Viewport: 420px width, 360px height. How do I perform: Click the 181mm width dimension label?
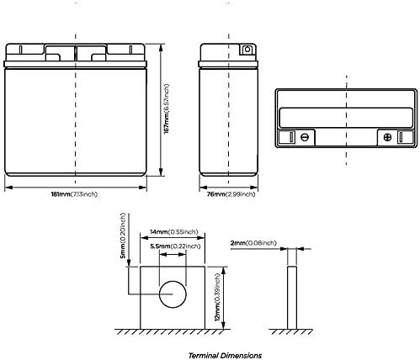coord(74,194)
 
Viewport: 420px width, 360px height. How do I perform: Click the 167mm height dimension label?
coord(167,109)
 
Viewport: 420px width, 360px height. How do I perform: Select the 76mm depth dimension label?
coord(231,194)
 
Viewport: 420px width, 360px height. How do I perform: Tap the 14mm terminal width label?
coord(174,232)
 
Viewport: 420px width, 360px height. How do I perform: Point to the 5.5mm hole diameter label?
coord(175,246)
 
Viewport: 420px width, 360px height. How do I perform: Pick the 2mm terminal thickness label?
coord(253,243)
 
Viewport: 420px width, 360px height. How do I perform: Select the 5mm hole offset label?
coord(123,236)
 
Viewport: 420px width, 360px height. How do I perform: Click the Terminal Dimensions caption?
coord(225,356)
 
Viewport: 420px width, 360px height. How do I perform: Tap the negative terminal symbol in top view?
coord(305,137)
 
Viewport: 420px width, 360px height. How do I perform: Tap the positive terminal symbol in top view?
coord(387,137)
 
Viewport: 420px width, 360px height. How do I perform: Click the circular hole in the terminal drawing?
coord(173,281)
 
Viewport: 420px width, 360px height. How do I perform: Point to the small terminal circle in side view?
coord(247,50)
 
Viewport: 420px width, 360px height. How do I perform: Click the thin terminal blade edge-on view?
coord(292,298)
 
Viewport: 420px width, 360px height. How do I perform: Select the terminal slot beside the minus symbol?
coord(291,137)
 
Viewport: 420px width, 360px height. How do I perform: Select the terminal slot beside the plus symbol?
coord(401,137)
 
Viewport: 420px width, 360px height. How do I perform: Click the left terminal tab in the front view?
coord(20,50)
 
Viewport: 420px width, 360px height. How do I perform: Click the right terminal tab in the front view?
coord(130,50)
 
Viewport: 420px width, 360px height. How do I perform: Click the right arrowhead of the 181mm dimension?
coord(143,188)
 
